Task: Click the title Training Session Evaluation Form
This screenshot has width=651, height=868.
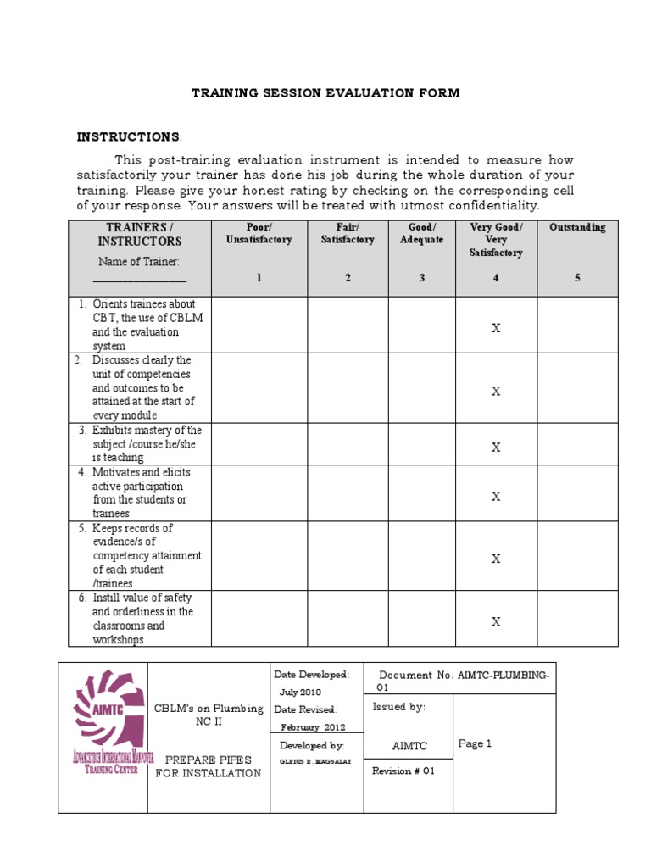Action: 325,93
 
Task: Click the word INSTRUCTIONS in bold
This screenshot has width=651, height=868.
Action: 128,137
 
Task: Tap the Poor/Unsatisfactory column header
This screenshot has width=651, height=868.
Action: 259,233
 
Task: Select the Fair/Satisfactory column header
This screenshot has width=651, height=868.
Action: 348,233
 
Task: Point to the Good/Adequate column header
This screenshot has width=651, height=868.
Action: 421,233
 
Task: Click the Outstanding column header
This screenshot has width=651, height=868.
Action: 577,227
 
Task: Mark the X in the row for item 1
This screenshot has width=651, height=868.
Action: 496,329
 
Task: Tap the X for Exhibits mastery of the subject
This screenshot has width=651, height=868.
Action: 496,448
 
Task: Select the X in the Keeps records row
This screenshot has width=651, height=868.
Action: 496,559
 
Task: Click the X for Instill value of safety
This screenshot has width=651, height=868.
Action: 496,622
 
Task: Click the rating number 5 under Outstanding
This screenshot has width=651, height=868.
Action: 577,278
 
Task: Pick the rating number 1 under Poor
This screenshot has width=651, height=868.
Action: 259,278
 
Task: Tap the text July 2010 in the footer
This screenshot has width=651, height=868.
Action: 301,692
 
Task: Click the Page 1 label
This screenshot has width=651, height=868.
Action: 475,743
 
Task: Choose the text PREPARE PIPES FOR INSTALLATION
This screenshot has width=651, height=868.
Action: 208,766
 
